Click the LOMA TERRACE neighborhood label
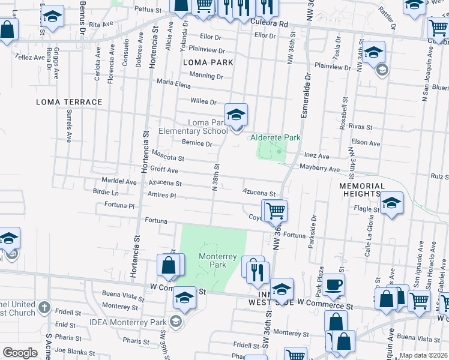point(69,102)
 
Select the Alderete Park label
point(275,137)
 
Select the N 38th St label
point(215,177)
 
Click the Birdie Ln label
point(106,193)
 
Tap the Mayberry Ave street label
point(320,169)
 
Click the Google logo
point(20,353)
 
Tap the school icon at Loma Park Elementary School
point(237,113)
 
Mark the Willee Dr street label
point(203,101)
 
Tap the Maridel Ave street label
point(119,181)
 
